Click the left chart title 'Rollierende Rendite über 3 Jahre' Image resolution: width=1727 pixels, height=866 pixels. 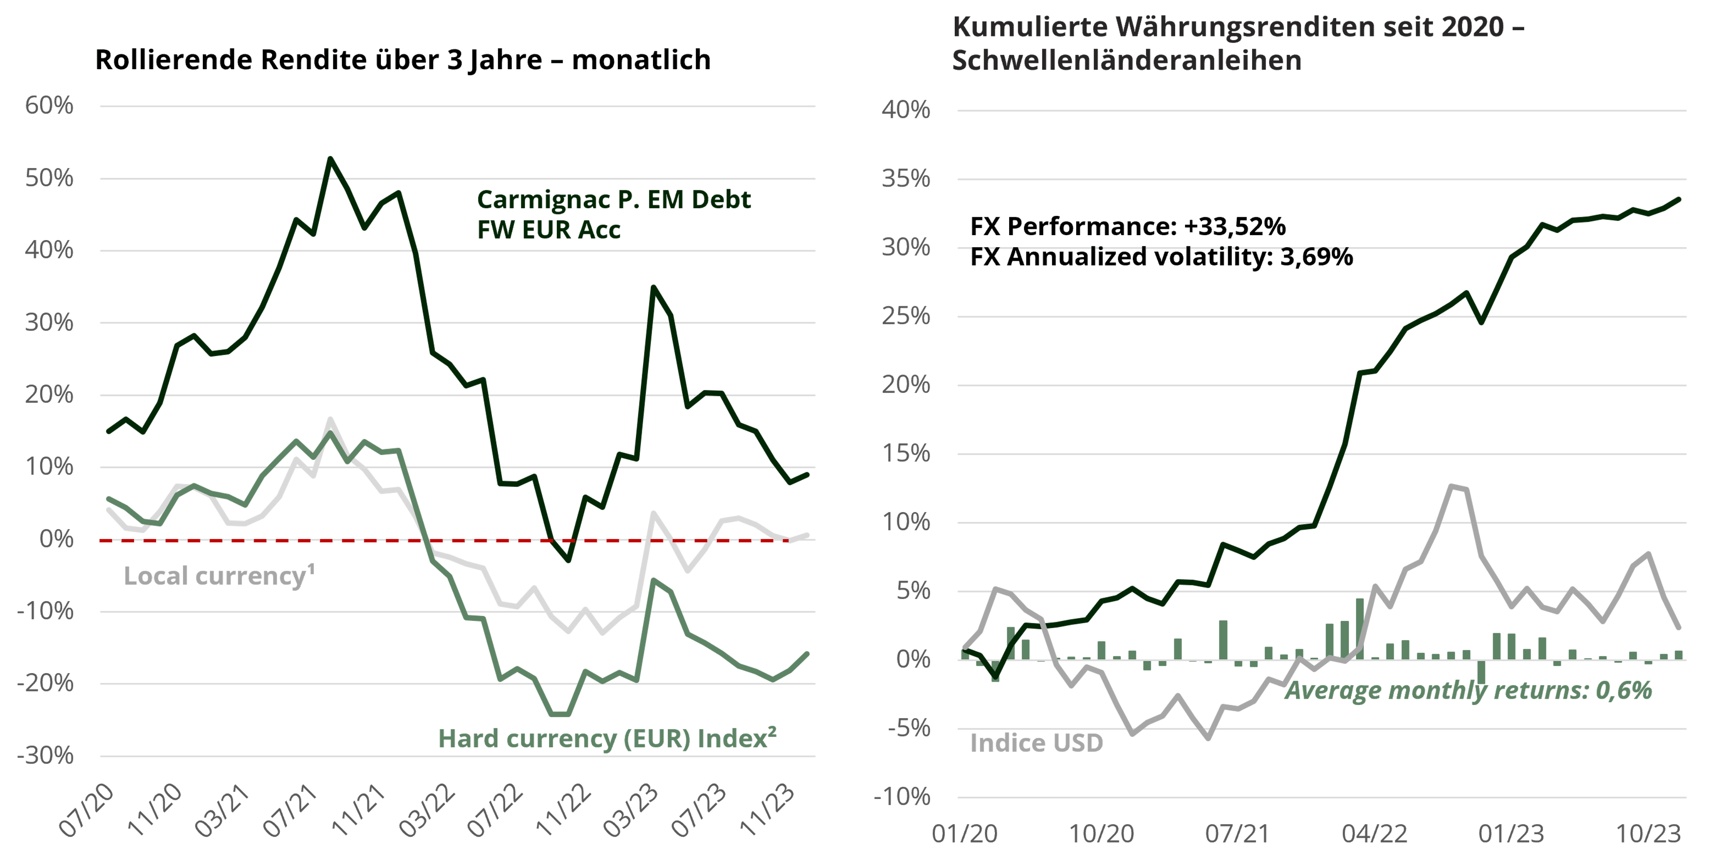tap(402, 60)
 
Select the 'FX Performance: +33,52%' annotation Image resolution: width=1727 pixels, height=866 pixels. tap(1127, 227)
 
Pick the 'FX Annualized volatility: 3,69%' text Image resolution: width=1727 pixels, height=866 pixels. tap(1161, 257)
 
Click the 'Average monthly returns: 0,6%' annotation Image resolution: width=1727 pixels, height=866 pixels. tap(1468, 690)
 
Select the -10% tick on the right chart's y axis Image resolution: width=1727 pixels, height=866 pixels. tap(902, 797)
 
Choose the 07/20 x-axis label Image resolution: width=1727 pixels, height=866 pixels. tap(87, 810)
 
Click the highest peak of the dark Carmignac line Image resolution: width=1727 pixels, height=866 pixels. tap(330, 159)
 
